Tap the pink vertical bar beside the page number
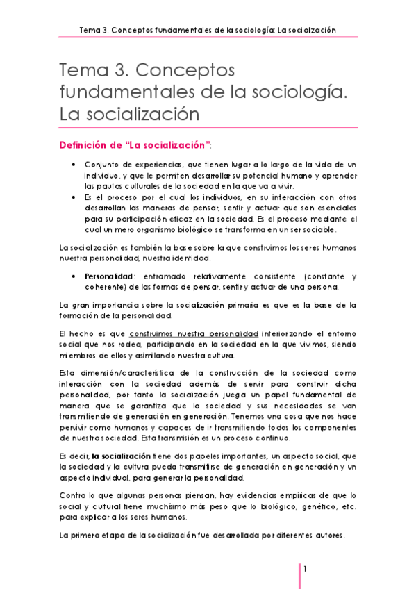[x=299, y=575]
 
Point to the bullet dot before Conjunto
[x=74, y=164]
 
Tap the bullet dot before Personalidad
[x=74, y=276]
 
